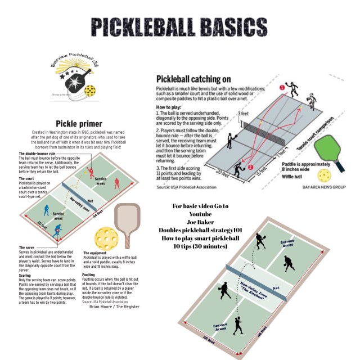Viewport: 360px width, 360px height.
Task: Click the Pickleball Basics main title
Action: (179, 26)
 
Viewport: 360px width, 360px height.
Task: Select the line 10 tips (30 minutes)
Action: (201, 246)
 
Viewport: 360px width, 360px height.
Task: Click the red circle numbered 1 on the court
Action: (282, 87)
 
